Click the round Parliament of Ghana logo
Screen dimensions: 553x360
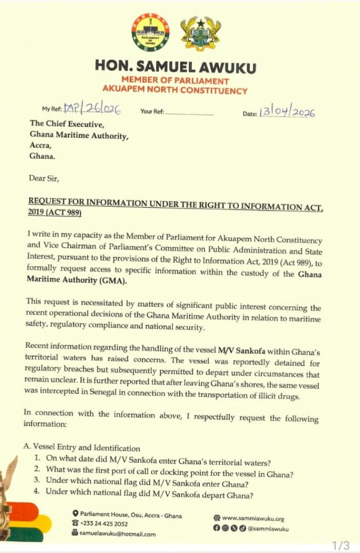pyautogui.click(x=150, y=32)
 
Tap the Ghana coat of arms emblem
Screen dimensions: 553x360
pyautogui.click(x=200, y=33)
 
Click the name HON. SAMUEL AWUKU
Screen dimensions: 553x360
pyautogui.click(x=175, y=68)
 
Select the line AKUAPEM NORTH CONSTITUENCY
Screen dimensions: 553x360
pyautogui.click(x=175, y=91)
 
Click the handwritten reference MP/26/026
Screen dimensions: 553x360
pyautogui.click(x=92, y=110)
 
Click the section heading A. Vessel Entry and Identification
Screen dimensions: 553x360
pyautogui.click(x=82, y=448)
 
